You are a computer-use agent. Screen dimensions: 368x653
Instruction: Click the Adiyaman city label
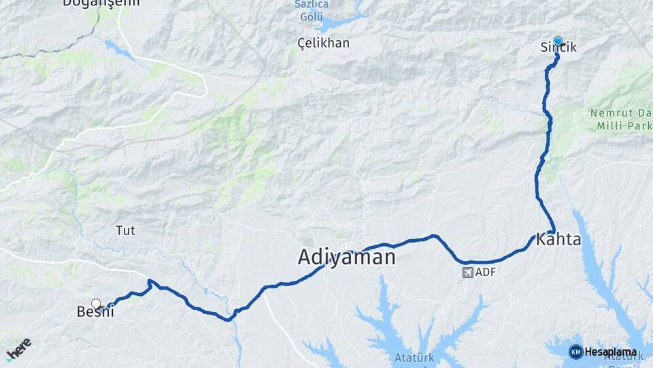[346, 257]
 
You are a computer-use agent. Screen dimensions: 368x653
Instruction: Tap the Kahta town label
[558, 240]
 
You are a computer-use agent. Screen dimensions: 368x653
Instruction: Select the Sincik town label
[558, 47]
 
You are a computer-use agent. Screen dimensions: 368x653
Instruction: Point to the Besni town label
[95, 312]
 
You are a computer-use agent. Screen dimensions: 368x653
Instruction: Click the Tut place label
[126, 230]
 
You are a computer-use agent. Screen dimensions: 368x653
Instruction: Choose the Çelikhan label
[324, 43]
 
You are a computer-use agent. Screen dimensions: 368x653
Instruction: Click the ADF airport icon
[467, 273]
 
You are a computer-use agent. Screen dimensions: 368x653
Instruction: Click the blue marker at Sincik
[558, 41]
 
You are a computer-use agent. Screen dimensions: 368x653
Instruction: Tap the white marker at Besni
[96, 303]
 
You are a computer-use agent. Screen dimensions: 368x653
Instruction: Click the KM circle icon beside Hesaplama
[575, 352]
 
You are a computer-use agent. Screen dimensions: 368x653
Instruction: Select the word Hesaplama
[611, 352]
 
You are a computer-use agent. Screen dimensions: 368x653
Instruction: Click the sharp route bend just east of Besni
[149, 281]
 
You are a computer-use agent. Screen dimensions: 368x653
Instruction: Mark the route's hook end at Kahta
[554, 230]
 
